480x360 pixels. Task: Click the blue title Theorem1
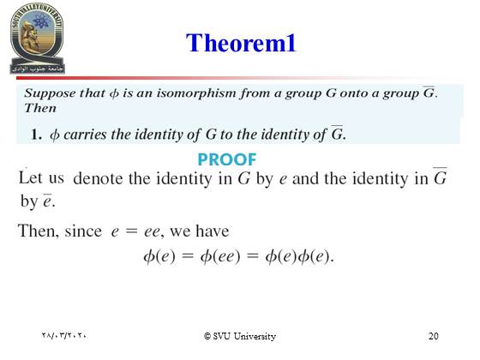(x=241, y=43)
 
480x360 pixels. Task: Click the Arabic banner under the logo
(x=38, y=69)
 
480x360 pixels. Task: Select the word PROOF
(x=227, y=159)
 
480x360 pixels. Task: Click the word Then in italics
(x=40, y=108)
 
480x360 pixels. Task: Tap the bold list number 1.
(x=36, y=135)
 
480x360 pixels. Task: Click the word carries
(x=85, y=135)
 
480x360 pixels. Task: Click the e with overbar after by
(x=47, y=201)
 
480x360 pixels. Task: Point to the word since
(x=83, y=231)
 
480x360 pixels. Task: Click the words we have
(x=199, y=231)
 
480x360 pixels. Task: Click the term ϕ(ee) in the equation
(x=220, y=256)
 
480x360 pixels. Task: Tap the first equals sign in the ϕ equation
(x=188, y=255)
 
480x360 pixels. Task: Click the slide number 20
(x=433, y=336)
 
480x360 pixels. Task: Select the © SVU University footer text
(x=240, y=336)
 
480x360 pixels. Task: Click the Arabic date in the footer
(x=64, y=335)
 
